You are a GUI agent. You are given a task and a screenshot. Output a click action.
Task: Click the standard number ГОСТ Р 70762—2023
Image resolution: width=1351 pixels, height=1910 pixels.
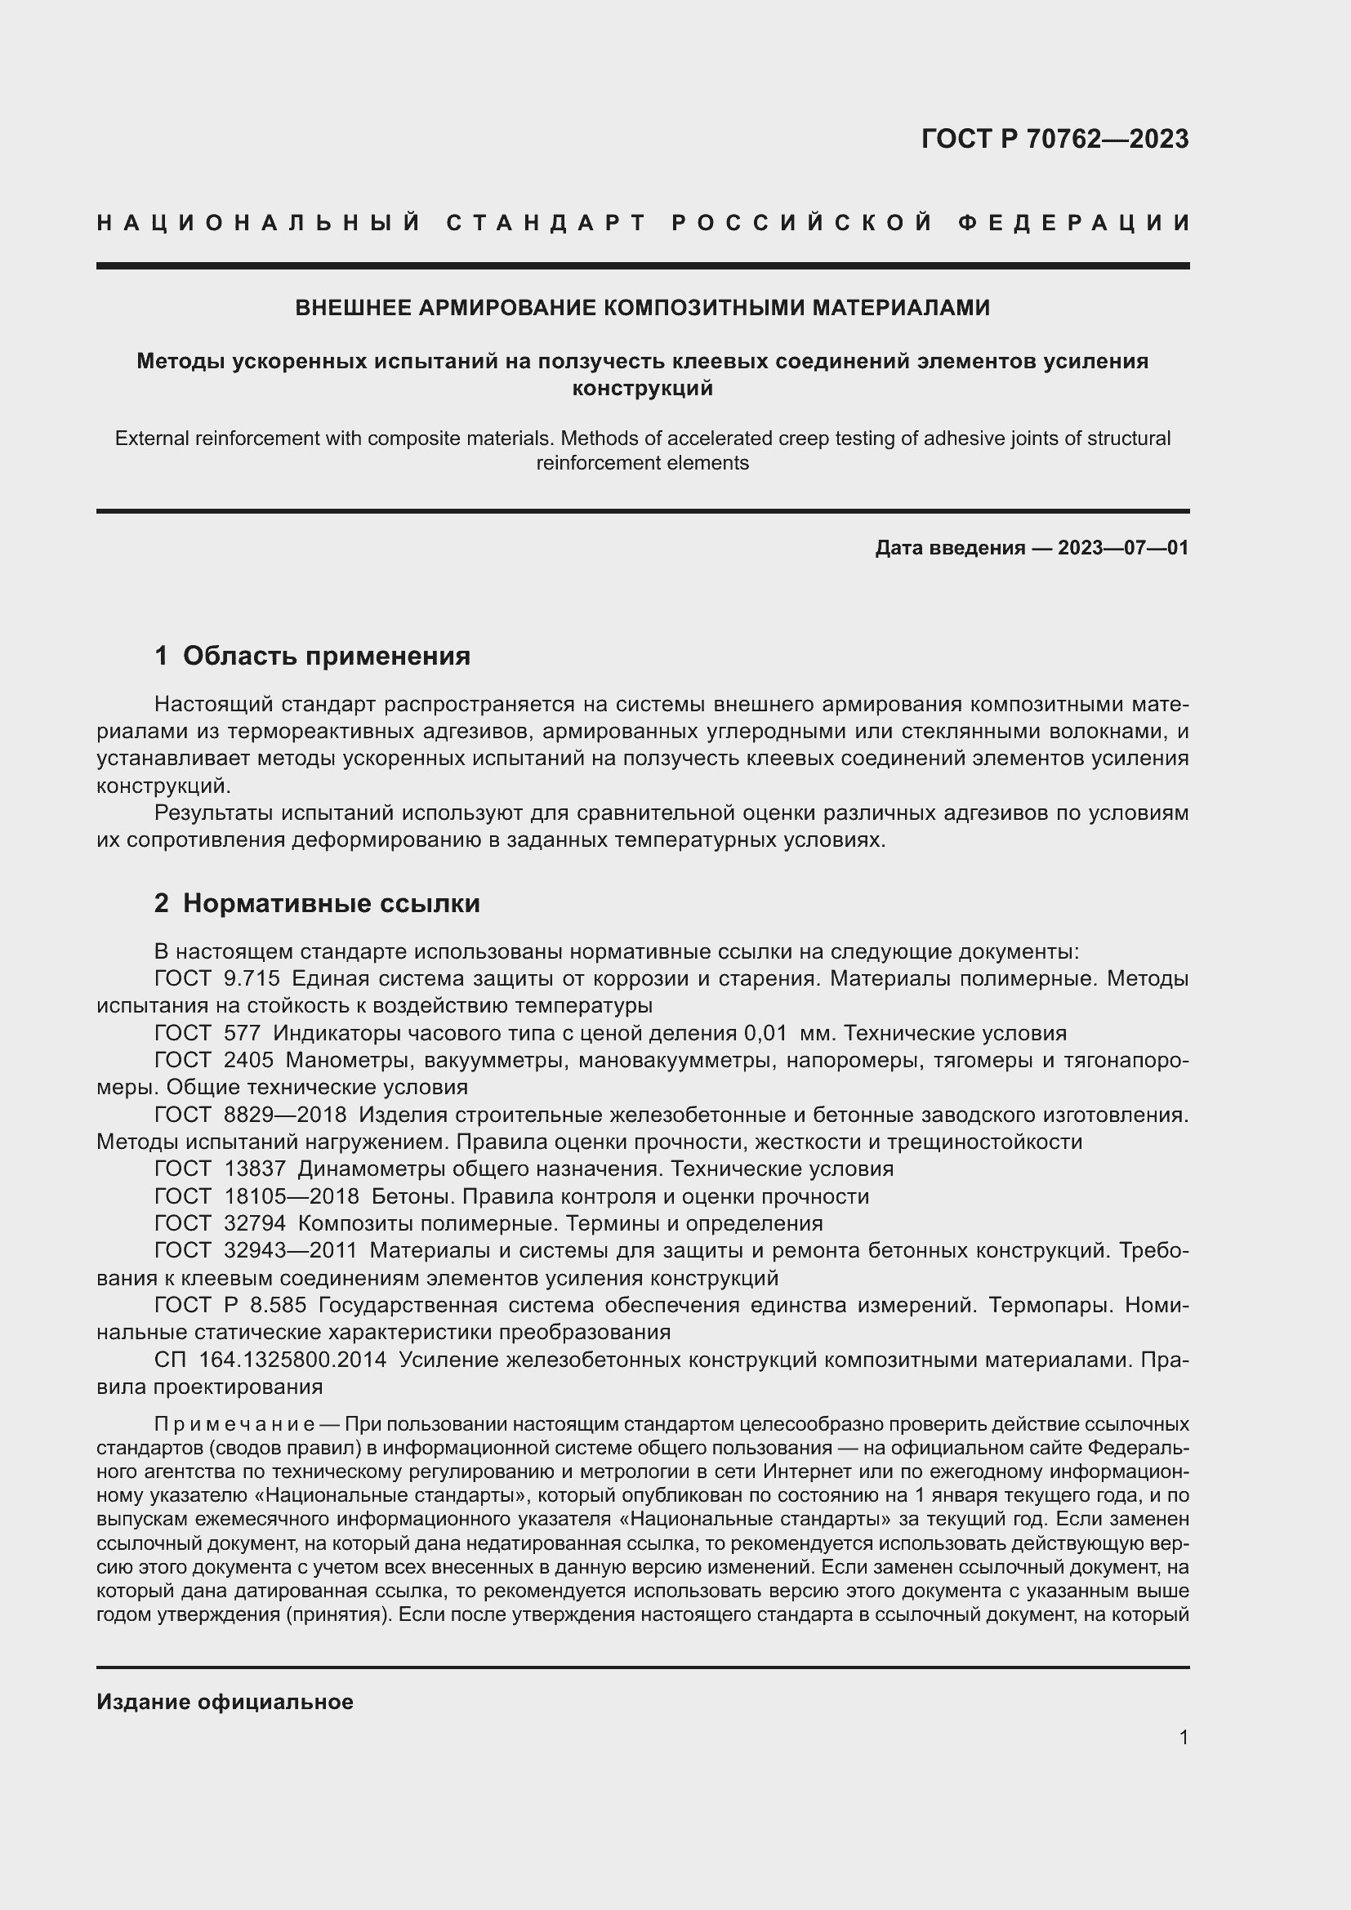pos(1054,139)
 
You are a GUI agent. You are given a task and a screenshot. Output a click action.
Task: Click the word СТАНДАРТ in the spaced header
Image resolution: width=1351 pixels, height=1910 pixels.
pos(546,223)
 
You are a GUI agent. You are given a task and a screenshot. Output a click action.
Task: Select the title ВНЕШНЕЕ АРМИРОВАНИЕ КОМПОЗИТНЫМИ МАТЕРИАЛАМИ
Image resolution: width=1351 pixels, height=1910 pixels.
pos(642,308)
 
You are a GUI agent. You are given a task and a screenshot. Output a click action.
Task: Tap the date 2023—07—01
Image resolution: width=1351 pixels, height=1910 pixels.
pos(1122,548)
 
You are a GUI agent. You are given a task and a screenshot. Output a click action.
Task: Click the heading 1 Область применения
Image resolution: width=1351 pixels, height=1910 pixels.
pos(312,656)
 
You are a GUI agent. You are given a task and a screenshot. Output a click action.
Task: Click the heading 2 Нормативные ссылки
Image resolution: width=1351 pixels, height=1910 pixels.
pos(317,902)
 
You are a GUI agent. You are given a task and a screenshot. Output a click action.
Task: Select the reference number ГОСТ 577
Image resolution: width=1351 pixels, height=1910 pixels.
pos(208,1033)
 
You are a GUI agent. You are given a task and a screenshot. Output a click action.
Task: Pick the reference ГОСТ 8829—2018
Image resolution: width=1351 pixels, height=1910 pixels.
pos(251,1115)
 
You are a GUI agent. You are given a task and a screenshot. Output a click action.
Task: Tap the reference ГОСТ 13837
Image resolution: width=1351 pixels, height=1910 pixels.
pos(220,1169)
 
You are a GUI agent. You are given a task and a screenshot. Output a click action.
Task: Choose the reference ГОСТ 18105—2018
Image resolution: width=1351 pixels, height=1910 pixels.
pos(256,1196)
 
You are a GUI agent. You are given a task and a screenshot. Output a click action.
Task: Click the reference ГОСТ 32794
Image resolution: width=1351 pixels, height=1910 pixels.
pos(220,1223)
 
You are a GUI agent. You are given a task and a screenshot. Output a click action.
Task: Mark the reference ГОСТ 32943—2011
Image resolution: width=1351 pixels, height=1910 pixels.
pos(256,1250)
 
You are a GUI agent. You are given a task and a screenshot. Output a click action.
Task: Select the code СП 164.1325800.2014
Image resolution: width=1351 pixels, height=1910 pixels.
pos(270,1360)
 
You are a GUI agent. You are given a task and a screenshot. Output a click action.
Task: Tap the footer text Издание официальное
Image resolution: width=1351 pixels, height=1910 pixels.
pos(225,1702)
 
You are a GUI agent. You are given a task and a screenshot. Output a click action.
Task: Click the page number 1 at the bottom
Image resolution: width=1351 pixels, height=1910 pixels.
pos(1184,1737)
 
